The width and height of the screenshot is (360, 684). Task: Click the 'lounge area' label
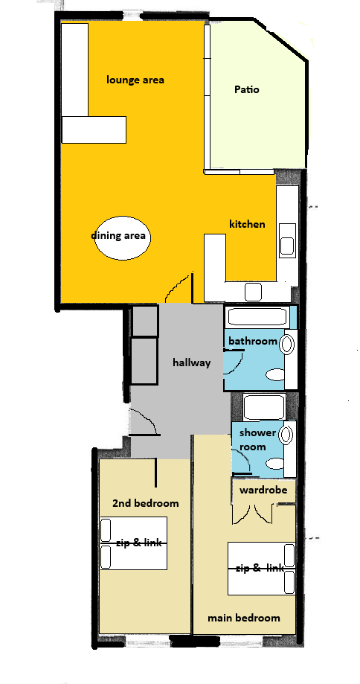[x=135, y=80]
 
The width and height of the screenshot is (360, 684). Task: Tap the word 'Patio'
[x=247, y=89]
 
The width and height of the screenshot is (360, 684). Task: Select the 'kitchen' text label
[x=247, y=224]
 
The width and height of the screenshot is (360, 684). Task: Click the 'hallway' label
[x=192, y=362]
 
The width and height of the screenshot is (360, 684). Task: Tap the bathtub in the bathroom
[x=257, y=317]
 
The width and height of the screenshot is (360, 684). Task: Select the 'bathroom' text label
[x=253, y=341]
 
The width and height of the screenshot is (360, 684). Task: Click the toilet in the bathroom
[x=275, y=374]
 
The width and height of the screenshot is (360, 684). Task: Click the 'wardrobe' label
[x=263, y=490]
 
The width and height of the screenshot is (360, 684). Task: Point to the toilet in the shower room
[x=275, y=463]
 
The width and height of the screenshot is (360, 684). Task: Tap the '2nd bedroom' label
[x=146, y=503]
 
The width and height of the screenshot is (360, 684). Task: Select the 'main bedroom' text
[x=244, y=618]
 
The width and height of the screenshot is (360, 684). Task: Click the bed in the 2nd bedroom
[x=133, y=543]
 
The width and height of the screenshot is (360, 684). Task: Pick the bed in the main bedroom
[x=262, y=569]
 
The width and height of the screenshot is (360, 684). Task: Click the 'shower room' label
[x=257, y=440]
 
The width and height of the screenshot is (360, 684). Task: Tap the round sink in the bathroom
[x=287, y=344]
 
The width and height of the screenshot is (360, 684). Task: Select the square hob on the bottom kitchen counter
[x=253, y=292]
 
